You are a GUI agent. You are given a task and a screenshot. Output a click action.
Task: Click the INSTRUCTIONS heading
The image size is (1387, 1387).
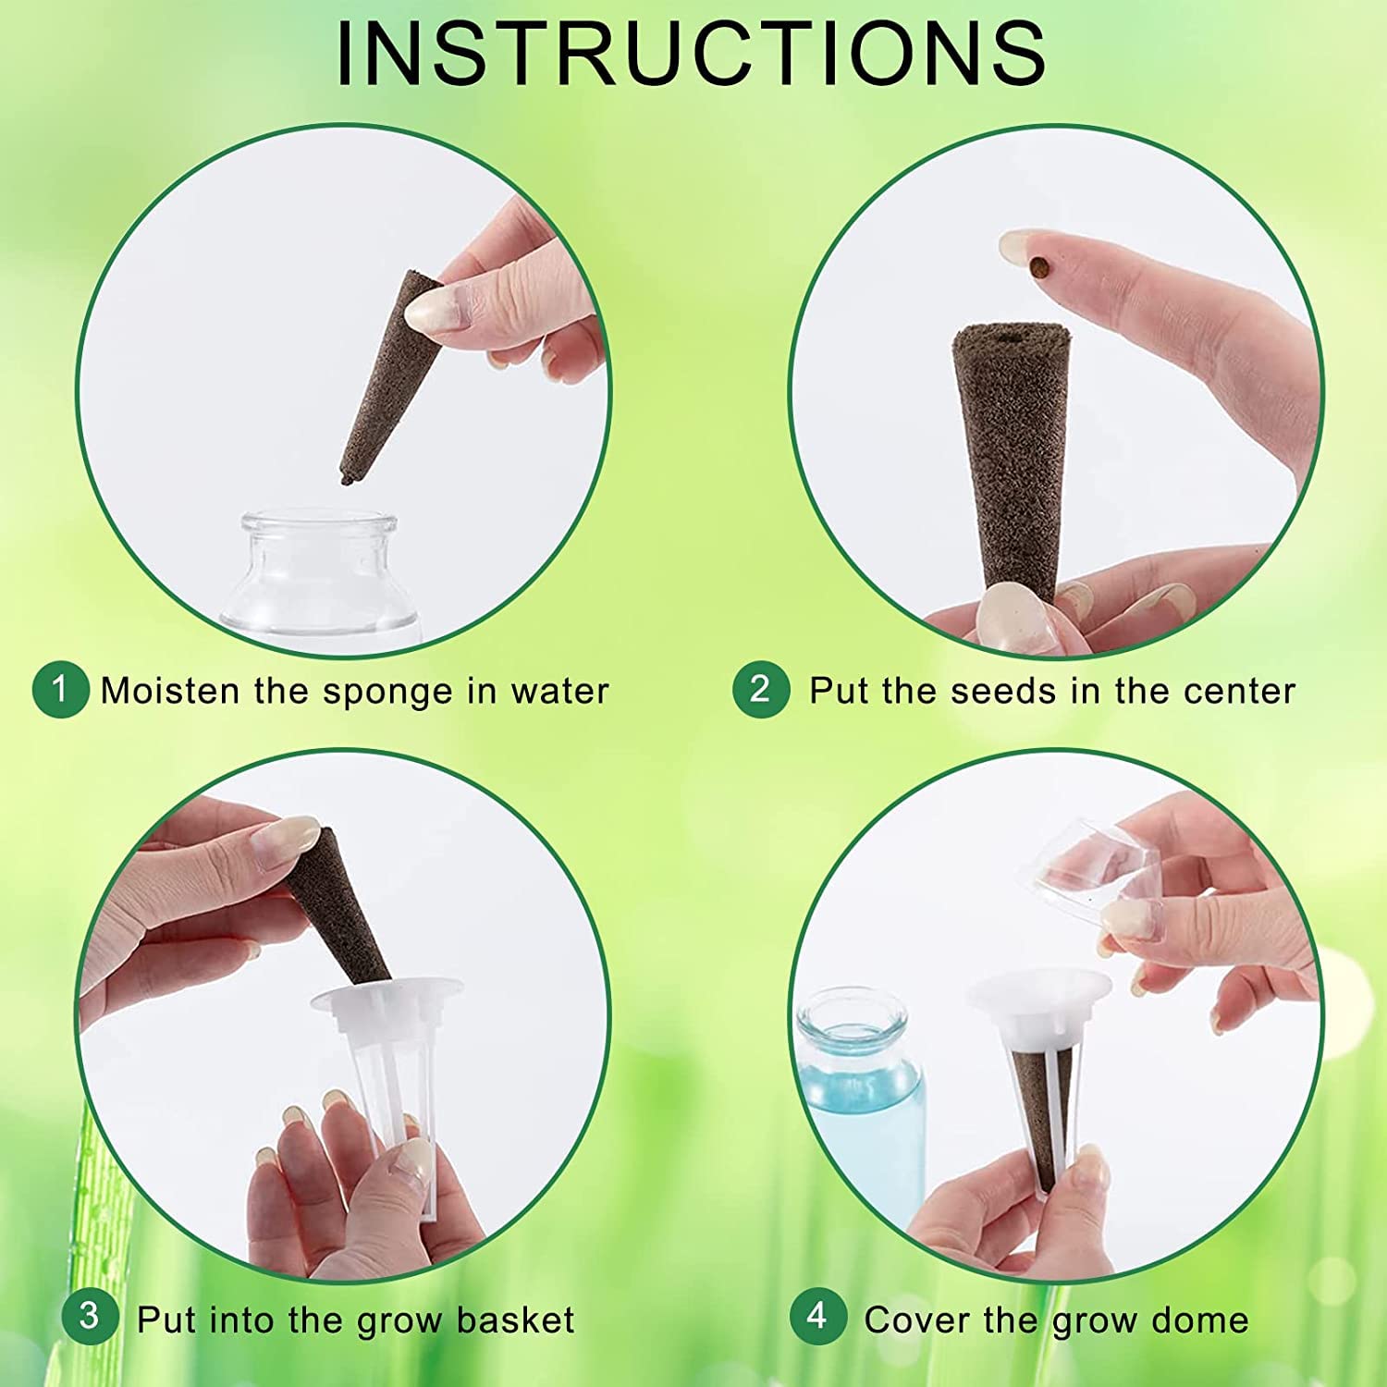pos(692,54)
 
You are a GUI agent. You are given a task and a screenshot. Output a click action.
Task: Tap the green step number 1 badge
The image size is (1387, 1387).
pos(60,690)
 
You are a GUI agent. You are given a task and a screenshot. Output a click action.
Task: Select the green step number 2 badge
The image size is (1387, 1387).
pos(760,690)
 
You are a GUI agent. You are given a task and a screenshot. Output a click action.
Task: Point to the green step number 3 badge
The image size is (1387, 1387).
pos(90,1316)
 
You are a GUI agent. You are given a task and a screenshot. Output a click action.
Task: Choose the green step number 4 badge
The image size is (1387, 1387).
pos(817,1316)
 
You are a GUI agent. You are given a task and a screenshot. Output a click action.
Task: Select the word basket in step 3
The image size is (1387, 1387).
pos(515,1319)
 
